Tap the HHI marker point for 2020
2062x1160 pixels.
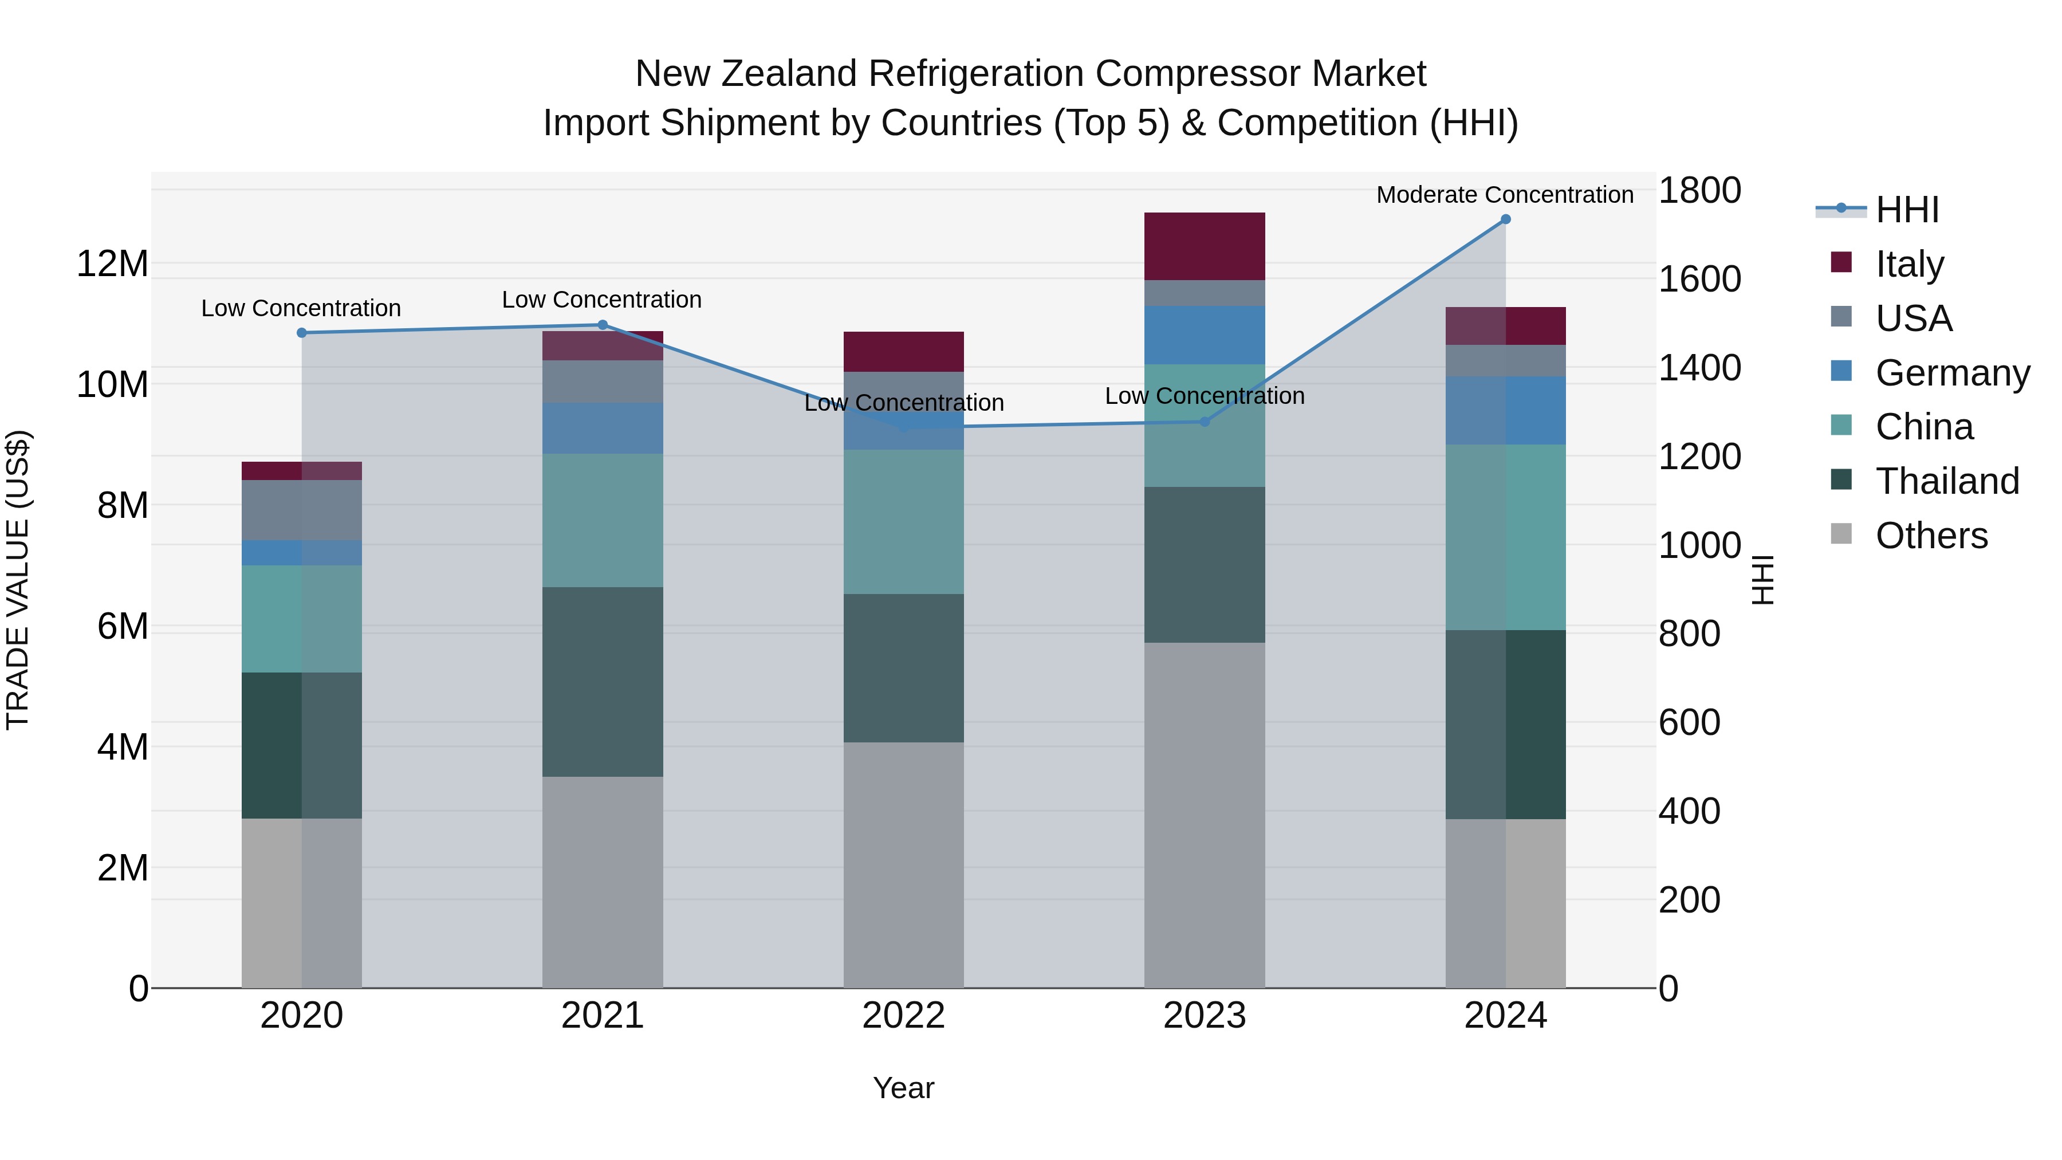click(302, 333)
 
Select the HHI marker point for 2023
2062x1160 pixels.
click(1205, 422)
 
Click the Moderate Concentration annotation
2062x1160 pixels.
click(1504, 195)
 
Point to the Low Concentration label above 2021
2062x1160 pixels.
click(601, 300)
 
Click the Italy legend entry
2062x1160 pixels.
click(1909, 264)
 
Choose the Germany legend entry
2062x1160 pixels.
click(1951, 373)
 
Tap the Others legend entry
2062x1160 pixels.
click(1931, 536)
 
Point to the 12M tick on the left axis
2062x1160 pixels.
click(112, 264)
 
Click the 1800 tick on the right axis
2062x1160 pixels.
click(1699, 191)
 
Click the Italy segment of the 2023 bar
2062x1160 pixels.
click(1204, 246)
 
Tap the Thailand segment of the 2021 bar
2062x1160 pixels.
click(602, 682)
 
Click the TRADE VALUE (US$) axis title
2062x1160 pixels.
click(18, 580)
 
